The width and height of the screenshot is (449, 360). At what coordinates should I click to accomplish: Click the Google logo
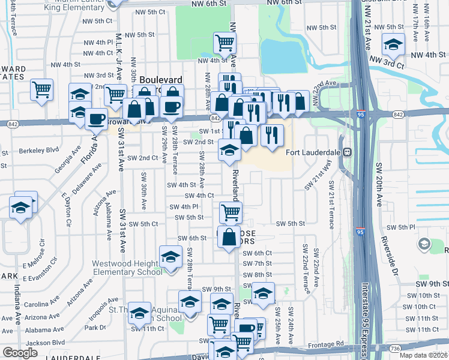[20, 353]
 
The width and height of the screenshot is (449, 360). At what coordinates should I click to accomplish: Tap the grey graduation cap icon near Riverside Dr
[424, 244]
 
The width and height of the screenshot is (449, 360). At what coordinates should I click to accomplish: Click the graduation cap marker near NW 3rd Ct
[393, 44]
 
